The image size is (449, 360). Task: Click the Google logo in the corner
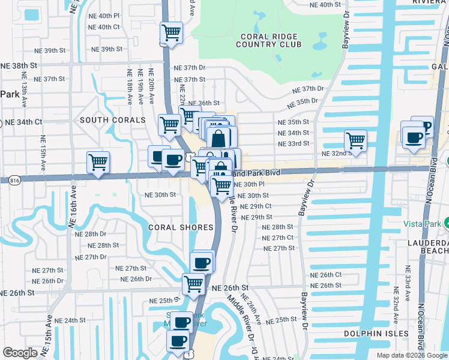pyautogui.click(x=20, y=353)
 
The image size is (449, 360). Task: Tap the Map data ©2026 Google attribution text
pyautogui.click(x=411, y=355)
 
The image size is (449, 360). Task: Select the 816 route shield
pyautogui.click(x=13, y=179)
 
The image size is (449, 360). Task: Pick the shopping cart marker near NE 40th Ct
pyautogui.click(x=172, y=33)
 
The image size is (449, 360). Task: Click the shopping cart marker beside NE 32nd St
pyautogui.click(x=355, y=141)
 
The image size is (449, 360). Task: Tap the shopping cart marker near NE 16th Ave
pyautogui.click(x=98, y=161)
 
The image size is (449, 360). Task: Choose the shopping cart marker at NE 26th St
pyautogui.click(x=193, y=283)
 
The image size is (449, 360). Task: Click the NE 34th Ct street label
pyautogui.click(x=23, y=122)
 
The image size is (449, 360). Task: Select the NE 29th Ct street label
pyautogui.click(x=256, y=206)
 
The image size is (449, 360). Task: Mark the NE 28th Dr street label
pyautogui.click(x=92, y=234)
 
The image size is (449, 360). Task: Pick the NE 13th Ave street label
pyautogui.click(x=24, y=89)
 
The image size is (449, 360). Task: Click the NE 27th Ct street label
pyautogui.click(x=278, y=238)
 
